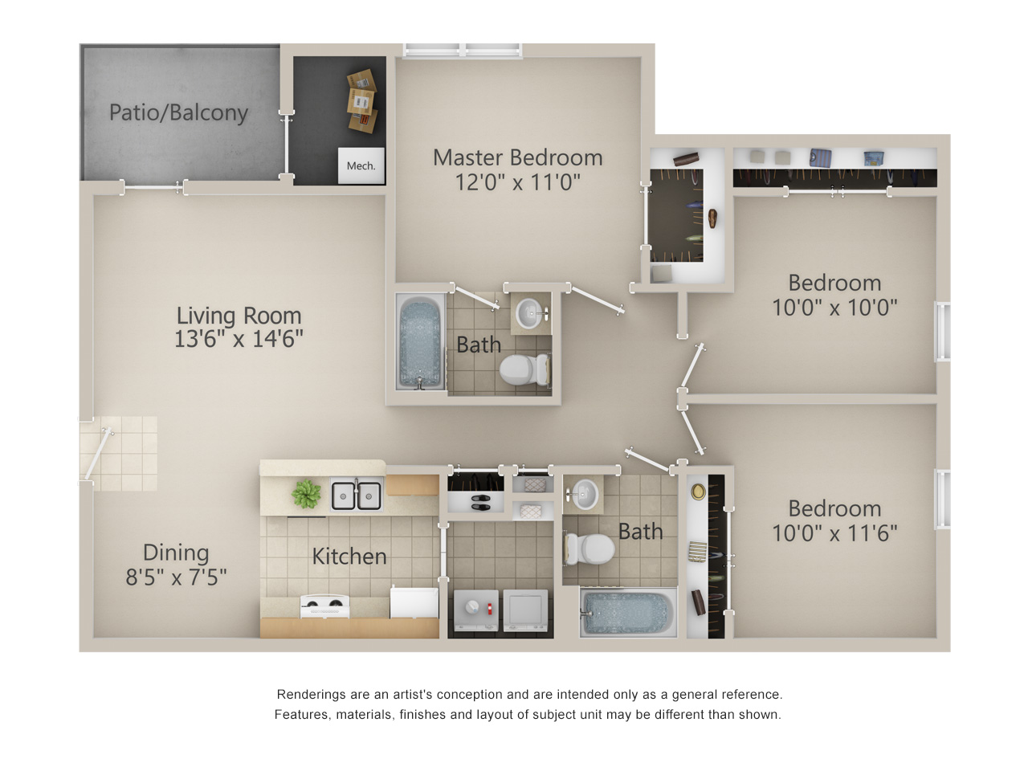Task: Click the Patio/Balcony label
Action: click(x=178, y=112)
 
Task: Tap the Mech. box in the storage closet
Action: click(x=361, y=165)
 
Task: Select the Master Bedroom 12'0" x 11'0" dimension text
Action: click(x=517, y=170)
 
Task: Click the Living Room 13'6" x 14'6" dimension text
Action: click(x=239, y=327)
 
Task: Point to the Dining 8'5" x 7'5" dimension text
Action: click(x=176, y=565)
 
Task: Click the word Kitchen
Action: click(x=349, y=556)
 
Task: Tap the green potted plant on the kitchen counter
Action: click(x=306, y=495)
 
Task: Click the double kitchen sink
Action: click(x=357, y=494)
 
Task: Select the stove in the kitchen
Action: click(x=324, y=606)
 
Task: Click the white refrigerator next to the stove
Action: click(x=414, y=602)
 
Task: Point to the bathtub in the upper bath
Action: click(x=420, y=342)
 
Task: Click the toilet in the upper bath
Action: click(x=524, y=369)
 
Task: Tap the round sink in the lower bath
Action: click(x=584, y=494)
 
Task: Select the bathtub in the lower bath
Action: click(x=628, y=612)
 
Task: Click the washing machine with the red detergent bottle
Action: click(x=475, y=610)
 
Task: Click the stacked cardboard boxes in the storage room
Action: click(x=362, y=100)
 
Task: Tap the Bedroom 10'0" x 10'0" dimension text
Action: click(x=834, y=295)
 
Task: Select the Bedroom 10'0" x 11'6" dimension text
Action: click(x=834, y=520)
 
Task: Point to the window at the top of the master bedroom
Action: click(x=463, y=51)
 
